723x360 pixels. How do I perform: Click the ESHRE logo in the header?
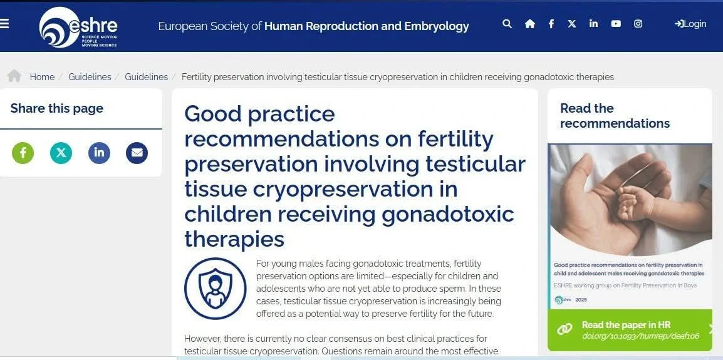coord(78,27)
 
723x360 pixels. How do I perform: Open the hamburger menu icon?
coord(4,24)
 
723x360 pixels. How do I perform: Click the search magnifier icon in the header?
coord(507,24)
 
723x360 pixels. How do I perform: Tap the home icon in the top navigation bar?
coord(530,24)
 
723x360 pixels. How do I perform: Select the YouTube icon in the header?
coord(616,24)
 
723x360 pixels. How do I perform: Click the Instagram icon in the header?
coord(638,24)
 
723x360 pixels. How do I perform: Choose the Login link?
coord(690,24)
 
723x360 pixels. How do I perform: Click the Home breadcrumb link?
coord(42,77)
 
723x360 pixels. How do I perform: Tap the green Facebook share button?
coord(23,153)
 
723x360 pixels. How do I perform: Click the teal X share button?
coord(61,153)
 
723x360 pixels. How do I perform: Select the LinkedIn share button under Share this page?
coord(99,153)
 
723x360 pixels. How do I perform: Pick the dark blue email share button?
coord(137,153)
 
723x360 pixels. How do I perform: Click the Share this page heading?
coord(57,109)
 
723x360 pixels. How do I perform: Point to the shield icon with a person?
coord(216,289)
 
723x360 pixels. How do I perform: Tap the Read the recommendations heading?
coord(615,116)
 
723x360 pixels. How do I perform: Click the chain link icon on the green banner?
coord(564,329)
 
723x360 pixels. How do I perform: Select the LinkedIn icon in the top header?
coord(593,24)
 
